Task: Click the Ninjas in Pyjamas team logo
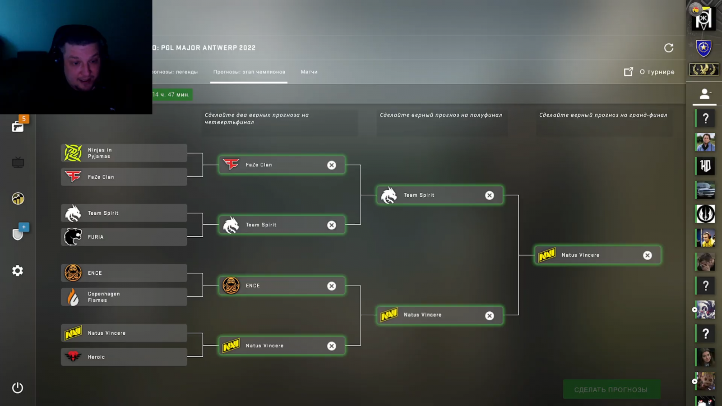pyautogui.click(x=73, y=153)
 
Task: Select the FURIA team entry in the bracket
pyautogui.click(x=124, y=237)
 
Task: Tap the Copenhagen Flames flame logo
pyautogui.click(x=73, y=297)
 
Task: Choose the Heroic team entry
pyautogui.click(x=124, y=357)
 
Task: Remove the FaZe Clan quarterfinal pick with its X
pyautogui.click(x=332, y=165)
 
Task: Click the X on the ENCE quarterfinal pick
pyautogui.click(x=332, y=286)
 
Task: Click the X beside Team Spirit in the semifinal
pyautogui.click(x=490, y=195)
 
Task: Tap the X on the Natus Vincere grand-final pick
pyautogui.click(x=648, y=255)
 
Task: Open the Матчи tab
pyautogui.click(x=309, y=72)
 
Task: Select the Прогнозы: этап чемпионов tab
pyautogui.click(x=249, y=72)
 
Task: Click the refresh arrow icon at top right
pyautogui.click(x=669, y=48)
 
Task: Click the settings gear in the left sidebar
pyautogui.click(x=18, y=271)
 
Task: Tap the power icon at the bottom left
pyautogui.click(x=18, y=388)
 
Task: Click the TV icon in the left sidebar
pyautogui.click(x=18, y=162)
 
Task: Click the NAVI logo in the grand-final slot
pyautogui.click(x=547, y=255)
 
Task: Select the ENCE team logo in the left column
pyautogui.click(x=73, y=273)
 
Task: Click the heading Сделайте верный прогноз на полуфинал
pyautogui.click(x=441, y=115)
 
